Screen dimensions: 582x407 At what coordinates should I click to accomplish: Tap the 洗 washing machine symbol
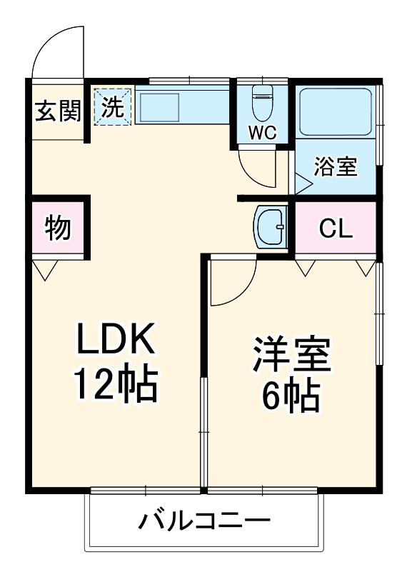(113, 106)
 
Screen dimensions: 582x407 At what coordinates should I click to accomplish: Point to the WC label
(262, 134)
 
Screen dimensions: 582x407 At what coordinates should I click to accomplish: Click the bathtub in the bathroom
(334, 111)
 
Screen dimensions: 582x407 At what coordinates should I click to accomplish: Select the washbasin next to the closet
(269, 227)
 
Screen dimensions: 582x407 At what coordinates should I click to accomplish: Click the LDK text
(116, 341)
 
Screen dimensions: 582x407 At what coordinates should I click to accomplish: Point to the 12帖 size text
(116, 386)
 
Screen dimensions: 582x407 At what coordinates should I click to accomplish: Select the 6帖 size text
(291, 397)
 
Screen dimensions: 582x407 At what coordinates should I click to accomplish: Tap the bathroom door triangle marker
(303, 184)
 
